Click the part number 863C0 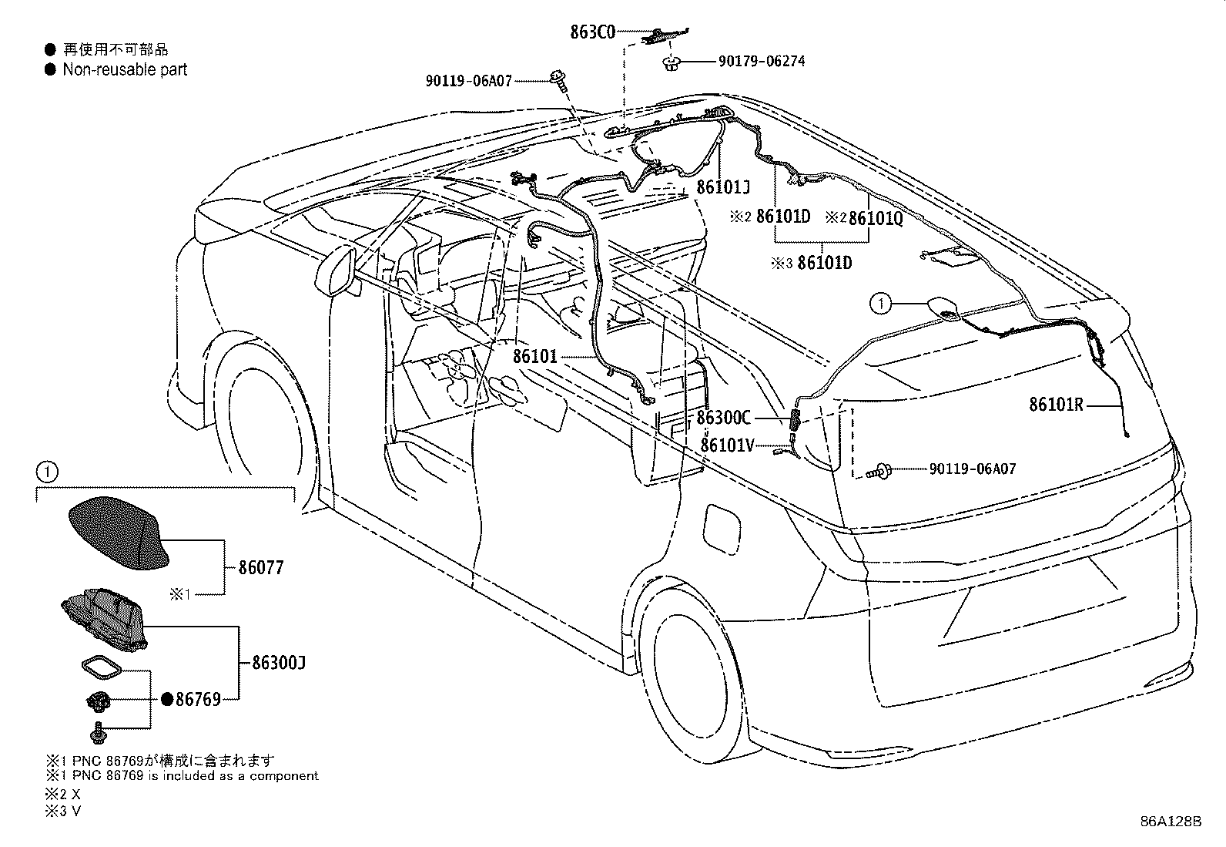(x=593, y=32)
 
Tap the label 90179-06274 (x=762, y=62)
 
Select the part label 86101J (x=723, y=187)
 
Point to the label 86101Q (x=876, y=219)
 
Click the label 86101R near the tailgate (x=1056, y=405)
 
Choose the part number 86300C (x=723, y=418)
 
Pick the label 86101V (x=727, y=445)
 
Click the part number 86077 (x=261, y=567)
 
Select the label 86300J (x=279, y=663)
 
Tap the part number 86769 (x=198, y=700)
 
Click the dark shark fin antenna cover (x=118, y=533)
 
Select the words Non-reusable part (x=125, y=69)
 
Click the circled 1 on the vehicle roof (x=881, y=303)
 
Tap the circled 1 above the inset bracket (x=46, y=472)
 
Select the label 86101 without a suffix (x=534, y=357)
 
